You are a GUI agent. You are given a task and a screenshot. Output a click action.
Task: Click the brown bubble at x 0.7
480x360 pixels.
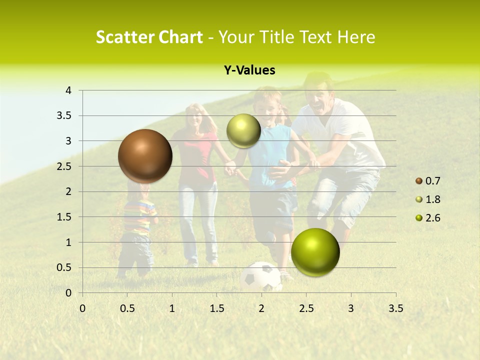pyautogui.click(x=145, y=156)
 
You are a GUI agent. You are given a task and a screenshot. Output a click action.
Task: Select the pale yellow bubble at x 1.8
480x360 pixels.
pyautogui.click(x=243, y=130)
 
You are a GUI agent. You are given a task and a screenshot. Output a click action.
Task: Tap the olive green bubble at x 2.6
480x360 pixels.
pyautogui.click(x=315, y=252)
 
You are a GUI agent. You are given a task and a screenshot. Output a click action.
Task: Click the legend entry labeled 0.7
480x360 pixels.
pyautogui.click(x=432, y=181)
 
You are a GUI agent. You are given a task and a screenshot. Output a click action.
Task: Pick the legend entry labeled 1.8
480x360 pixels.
pyautogui.click(x=432, y=199)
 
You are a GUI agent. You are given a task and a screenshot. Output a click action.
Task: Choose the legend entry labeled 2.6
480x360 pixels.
pyautogui.click(x=432, y=218)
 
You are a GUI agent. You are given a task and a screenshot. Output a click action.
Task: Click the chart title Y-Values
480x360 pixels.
pyautogui.click(x=249, y=70)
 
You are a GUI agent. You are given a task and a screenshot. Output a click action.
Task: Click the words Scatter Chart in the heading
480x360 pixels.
pyautogui.click(x=149, y=37)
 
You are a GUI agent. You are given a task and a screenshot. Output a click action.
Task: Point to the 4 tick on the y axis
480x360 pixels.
pyautogui.click(x=68, y=90)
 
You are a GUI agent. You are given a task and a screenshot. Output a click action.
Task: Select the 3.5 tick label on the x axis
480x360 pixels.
pyautogui.click(x=395, y=308)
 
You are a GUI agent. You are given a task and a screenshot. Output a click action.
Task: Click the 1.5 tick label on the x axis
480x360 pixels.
pyautogui.click(x=216, y=308)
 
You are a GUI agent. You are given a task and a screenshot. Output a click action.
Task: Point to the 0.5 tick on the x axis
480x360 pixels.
pyautogui.click(x=127, y=308)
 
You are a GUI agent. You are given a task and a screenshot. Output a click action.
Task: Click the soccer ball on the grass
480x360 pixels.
pyautogui.click(x=261, y=276)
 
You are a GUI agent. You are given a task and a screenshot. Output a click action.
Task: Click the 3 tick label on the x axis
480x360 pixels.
pyautogui.click(x=350, y=308)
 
